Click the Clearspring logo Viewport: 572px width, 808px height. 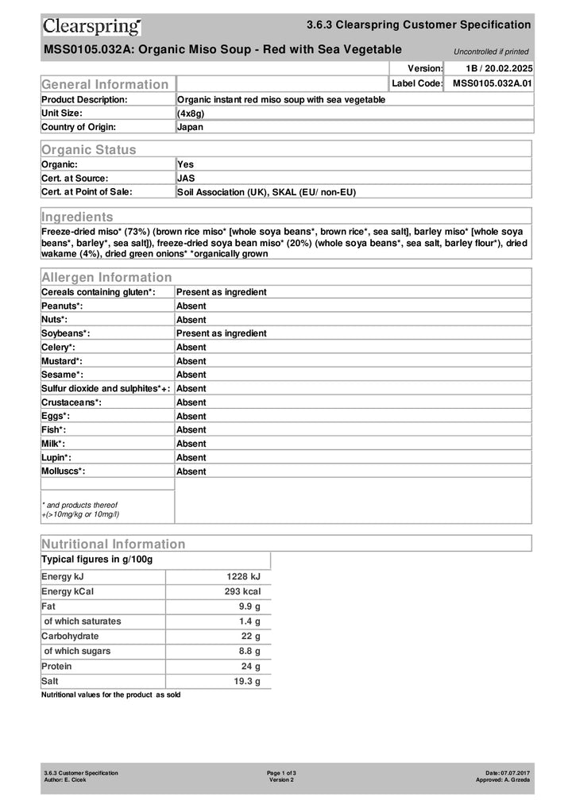pos(92,27)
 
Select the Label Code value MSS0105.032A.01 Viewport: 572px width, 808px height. pos(492,83)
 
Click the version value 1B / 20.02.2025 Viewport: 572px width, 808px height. pos(498,69)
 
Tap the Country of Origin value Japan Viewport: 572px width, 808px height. pos(190,127)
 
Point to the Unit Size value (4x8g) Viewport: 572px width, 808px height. pos(191,114)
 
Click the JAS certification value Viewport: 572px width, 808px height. pos(185,179)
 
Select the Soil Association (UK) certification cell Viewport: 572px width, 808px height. pos(266,192)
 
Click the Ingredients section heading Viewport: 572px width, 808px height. pos(77,217)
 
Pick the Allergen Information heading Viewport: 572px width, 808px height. pos(106,277)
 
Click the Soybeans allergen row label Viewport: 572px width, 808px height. pos(65,333)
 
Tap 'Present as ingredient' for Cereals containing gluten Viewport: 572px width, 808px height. pos(221,292)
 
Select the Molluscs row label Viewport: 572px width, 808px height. pos(63,471)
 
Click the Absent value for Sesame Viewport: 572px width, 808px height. pos(191,375)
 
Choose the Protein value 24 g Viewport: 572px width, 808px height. pos(251,667)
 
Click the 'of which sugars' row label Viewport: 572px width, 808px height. pos(77,652)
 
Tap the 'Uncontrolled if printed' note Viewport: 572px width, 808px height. pos(490,52)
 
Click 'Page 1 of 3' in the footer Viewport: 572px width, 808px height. pos(281,773)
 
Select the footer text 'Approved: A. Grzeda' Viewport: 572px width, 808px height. pos(502,780)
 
